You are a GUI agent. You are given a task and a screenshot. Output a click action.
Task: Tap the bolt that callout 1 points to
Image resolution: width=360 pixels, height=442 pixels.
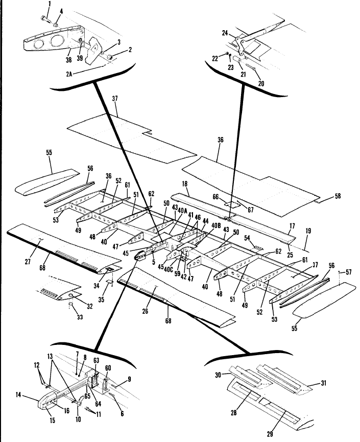pos(45,19)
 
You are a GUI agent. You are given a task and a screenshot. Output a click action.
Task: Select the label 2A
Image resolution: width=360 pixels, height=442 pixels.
pos(69,74)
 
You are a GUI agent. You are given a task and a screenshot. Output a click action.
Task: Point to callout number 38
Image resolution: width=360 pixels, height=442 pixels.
pos(69,59)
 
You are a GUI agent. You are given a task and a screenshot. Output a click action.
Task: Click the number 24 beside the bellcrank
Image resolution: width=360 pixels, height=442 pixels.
pos(225,33)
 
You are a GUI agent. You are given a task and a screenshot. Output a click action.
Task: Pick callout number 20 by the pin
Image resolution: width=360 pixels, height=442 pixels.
pos(261,83)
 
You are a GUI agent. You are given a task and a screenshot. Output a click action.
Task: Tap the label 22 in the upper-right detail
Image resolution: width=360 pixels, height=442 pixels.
pos(215,59)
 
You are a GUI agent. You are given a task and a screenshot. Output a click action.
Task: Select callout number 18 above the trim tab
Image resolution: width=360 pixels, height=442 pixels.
pos(185,184)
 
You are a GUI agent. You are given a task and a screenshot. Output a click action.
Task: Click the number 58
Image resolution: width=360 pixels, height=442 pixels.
pos(338,196)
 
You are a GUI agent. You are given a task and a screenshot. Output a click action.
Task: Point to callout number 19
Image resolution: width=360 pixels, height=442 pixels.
pos(308,231)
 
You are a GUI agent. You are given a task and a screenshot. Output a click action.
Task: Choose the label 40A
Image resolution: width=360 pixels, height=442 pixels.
pos(182,211)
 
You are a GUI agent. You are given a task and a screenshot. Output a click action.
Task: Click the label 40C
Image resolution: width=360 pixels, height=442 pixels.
pos(169,269)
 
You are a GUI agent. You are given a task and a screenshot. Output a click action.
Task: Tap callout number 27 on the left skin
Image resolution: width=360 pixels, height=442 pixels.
pos(28,262)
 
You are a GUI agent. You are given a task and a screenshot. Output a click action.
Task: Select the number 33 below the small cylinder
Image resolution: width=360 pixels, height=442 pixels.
pos(80,317)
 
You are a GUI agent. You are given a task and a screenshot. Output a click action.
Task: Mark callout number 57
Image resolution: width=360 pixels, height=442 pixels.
pos(349,272)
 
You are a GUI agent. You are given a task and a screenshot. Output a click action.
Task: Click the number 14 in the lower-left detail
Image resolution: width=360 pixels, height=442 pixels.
pos(18,395)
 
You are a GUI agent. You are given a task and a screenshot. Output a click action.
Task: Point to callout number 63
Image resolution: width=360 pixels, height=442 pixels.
pos(97,360)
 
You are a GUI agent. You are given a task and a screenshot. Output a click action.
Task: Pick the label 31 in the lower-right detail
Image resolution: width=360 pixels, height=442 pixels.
pos(324,383)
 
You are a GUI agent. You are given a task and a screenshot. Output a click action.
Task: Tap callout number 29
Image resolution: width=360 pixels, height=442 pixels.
pos(270,434)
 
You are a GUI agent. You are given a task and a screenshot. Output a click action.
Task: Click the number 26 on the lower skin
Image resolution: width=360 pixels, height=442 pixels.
pos(145,311)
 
